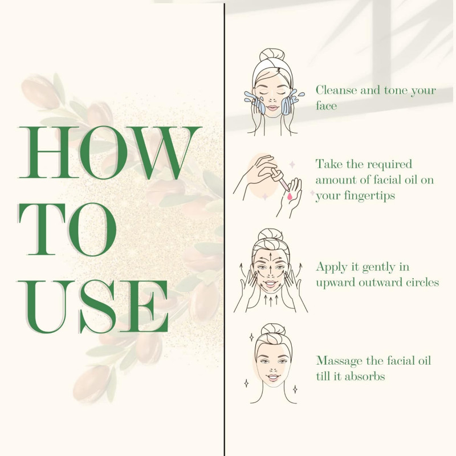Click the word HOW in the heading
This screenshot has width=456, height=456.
pos(110,153)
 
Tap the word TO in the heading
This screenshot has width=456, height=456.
pos(67,230)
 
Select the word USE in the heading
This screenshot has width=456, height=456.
pos(93,307)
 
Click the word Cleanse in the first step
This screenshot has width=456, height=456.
pos(336,90)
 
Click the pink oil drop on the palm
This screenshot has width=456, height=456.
pos(290,197)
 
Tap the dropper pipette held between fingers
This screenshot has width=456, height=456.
pos(280,179)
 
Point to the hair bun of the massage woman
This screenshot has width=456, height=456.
pos(270,234)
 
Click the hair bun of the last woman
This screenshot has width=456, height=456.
pos(274,329)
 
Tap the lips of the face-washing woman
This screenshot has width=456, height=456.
pos(273,108)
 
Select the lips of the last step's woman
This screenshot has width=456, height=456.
pos(274,378)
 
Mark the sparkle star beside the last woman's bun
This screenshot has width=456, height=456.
pos(251,337)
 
